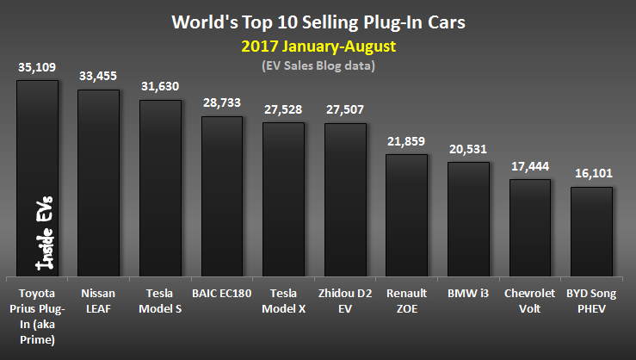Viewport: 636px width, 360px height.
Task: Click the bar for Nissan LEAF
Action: click(x=98, y=181)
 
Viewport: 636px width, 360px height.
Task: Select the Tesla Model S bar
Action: click(x=160, y=186)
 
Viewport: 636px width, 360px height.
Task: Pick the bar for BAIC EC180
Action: click(x=222, y=194)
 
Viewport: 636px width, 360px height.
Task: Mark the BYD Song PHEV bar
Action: click(x=591, y=229)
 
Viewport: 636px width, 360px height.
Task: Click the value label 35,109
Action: click(x=37, y=68)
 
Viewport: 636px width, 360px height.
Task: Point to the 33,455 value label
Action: click(x=98, y=77)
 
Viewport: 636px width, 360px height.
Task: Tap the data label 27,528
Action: click(x=283, y=109)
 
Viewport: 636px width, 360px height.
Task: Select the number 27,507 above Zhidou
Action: click(x=345, y=110)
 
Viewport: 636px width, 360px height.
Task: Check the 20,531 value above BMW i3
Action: click(x=468, y=149)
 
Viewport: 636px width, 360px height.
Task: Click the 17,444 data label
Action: click(x=530, y=167)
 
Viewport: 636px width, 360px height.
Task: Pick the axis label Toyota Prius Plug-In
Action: click(x=37, y=309)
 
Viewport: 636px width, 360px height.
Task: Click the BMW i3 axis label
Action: click(x=468, y=294)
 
